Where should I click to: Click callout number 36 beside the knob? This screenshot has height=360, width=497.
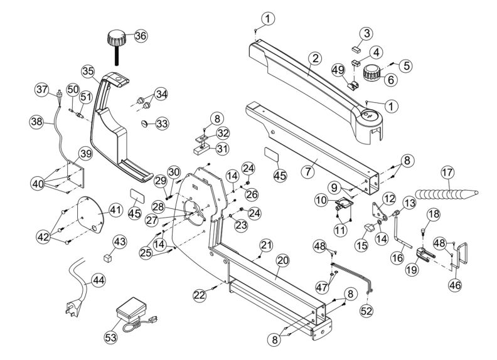[141, 36]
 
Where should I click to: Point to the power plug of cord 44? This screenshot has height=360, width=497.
[70, 308]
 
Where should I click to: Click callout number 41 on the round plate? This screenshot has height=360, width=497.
[115, 209]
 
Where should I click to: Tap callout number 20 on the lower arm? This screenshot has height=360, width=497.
[282, 259]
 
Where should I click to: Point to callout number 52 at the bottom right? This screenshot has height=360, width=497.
[366, 310]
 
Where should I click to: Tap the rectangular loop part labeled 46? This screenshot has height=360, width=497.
[463, 253]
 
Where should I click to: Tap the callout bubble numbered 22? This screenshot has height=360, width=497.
[200, 294]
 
